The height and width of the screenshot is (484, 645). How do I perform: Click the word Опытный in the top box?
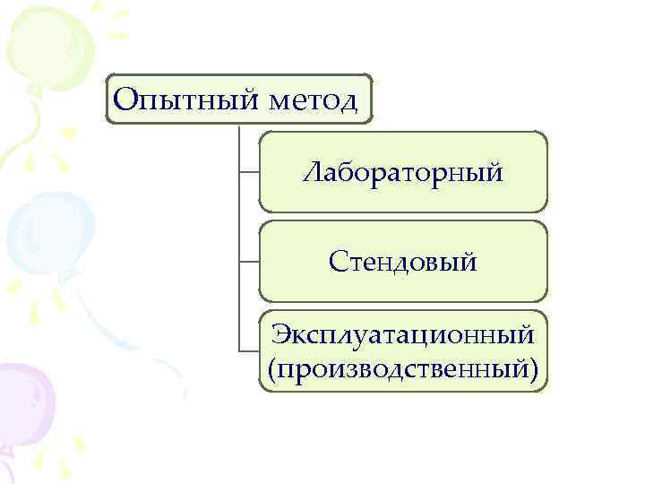[x=185, y=98]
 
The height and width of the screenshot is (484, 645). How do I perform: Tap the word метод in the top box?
[x=313, y=98]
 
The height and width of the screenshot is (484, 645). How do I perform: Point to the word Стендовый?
[x=402, y=262]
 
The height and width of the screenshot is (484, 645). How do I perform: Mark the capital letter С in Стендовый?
[x=337, y=262]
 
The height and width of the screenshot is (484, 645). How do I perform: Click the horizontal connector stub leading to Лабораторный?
[x=249, y=173]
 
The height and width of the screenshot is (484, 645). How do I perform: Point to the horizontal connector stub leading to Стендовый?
[x=249, y=262]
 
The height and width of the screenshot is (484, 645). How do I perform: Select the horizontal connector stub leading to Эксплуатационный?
[x=249, y=350]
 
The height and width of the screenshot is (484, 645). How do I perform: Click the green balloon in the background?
[x=45, y=45]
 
